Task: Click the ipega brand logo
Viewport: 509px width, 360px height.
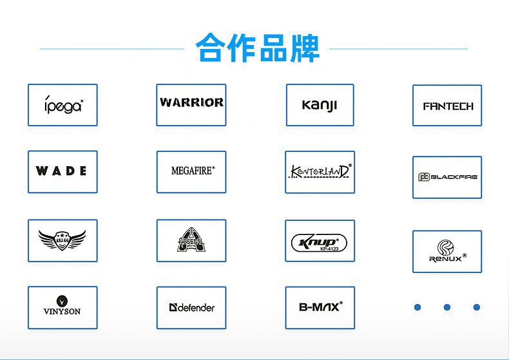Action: point(62,105)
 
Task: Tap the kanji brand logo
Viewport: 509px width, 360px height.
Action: point(320,105)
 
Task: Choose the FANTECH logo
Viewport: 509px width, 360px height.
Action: point(447,106)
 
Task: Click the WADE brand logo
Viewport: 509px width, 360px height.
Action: point(62,171)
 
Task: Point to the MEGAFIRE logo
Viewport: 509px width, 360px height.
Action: point(191,171)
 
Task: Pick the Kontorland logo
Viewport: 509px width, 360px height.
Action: point(320,172)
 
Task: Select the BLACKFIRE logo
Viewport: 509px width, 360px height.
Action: point(447,177)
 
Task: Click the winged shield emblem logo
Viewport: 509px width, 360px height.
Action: point(62,240)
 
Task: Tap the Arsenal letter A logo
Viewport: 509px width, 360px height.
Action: point(191,240)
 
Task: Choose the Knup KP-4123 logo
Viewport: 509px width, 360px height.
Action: point(320,241)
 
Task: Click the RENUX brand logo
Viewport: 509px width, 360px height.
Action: point(447,251)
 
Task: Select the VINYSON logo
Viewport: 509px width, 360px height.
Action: point(62,307)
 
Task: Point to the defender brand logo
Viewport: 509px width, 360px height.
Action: point(191,307)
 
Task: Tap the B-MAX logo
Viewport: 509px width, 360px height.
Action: point(320,307)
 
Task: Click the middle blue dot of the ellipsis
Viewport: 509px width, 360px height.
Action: point(447,307)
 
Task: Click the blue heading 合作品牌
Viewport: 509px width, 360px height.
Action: point(257,48)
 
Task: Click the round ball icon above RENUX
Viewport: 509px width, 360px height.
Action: point(446,247)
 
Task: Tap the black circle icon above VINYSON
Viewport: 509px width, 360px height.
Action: point(62,300)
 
